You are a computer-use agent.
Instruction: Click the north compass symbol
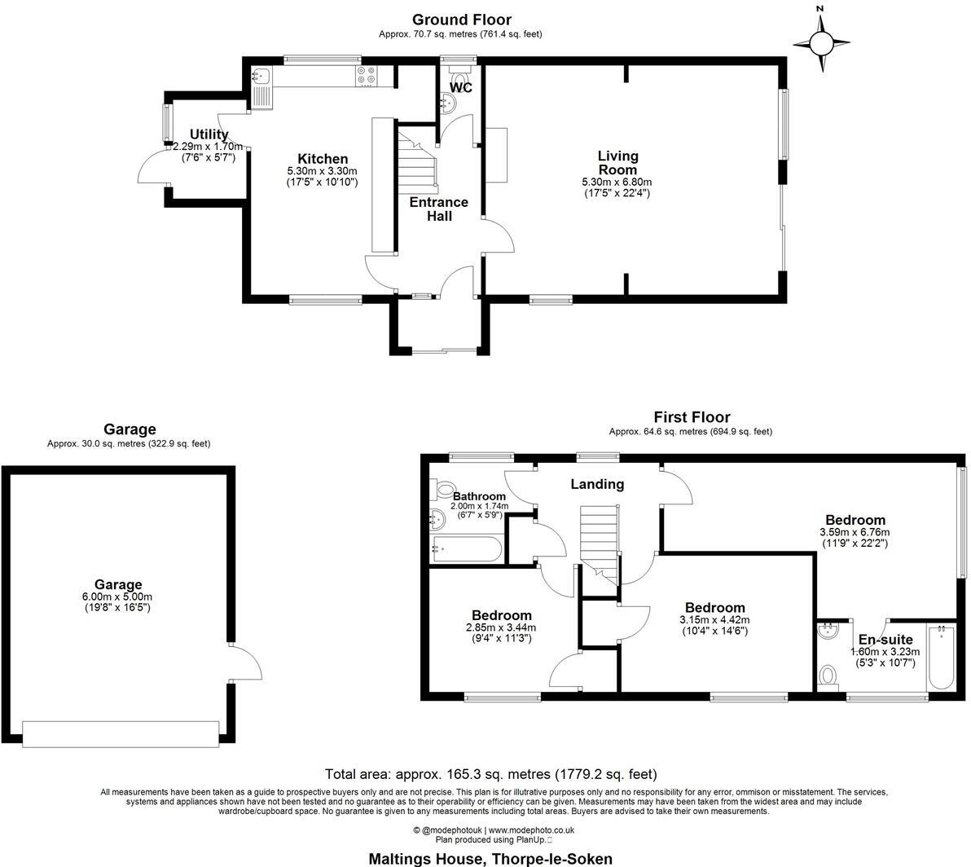coord(821,42)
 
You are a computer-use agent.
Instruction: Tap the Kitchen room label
coord(323,159)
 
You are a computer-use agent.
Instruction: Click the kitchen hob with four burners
coord(367,76)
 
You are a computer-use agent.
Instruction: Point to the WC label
coord(461,87)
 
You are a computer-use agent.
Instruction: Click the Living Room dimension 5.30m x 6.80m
coord(617,183)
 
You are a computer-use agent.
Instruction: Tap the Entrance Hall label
coord(438,209)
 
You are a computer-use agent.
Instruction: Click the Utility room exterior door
coord(152,168)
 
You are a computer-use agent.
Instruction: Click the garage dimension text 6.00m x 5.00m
coord(118,596)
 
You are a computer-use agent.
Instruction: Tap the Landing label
coord(597,484)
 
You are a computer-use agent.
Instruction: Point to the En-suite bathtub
coord(941,657)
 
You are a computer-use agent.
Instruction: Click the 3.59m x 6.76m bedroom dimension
coord(855,533)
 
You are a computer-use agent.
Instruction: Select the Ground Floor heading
coord(461,20)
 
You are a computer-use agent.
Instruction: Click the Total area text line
coord(490,774)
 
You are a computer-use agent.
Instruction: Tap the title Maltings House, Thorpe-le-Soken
coord(490,859)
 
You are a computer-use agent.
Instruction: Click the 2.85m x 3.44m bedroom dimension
coord(501,627)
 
